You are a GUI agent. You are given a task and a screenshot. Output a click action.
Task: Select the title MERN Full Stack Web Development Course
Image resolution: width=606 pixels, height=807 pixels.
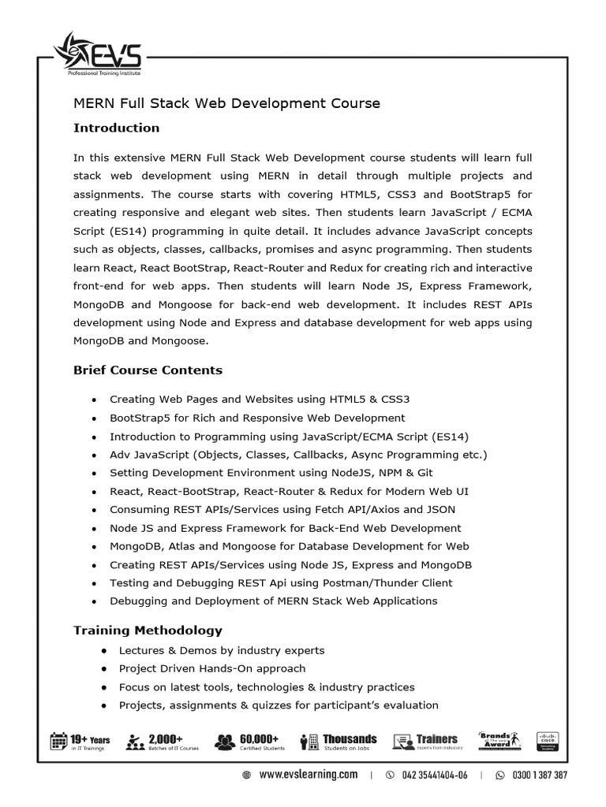(226, 103)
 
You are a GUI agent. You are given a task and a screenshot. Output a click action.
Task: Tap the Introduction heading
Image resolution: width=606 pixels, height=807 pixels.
(116, 128)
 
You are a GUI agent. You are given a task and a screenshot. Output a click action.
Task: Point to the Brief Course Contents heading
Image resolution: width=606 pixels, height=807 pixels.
(148, 370)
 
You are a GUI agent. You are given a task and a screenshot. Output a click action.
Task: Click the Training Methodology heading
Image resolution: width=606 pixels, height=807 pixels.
(148, 630)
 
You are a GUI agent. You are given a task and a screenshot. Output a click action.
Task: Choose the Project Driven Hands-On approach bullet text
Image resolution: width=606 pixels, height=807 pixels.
(211, 668)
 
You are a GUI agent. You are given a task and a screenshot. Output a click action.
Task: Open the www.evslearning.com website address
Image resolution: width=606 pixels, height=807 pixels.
(309, 775)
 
